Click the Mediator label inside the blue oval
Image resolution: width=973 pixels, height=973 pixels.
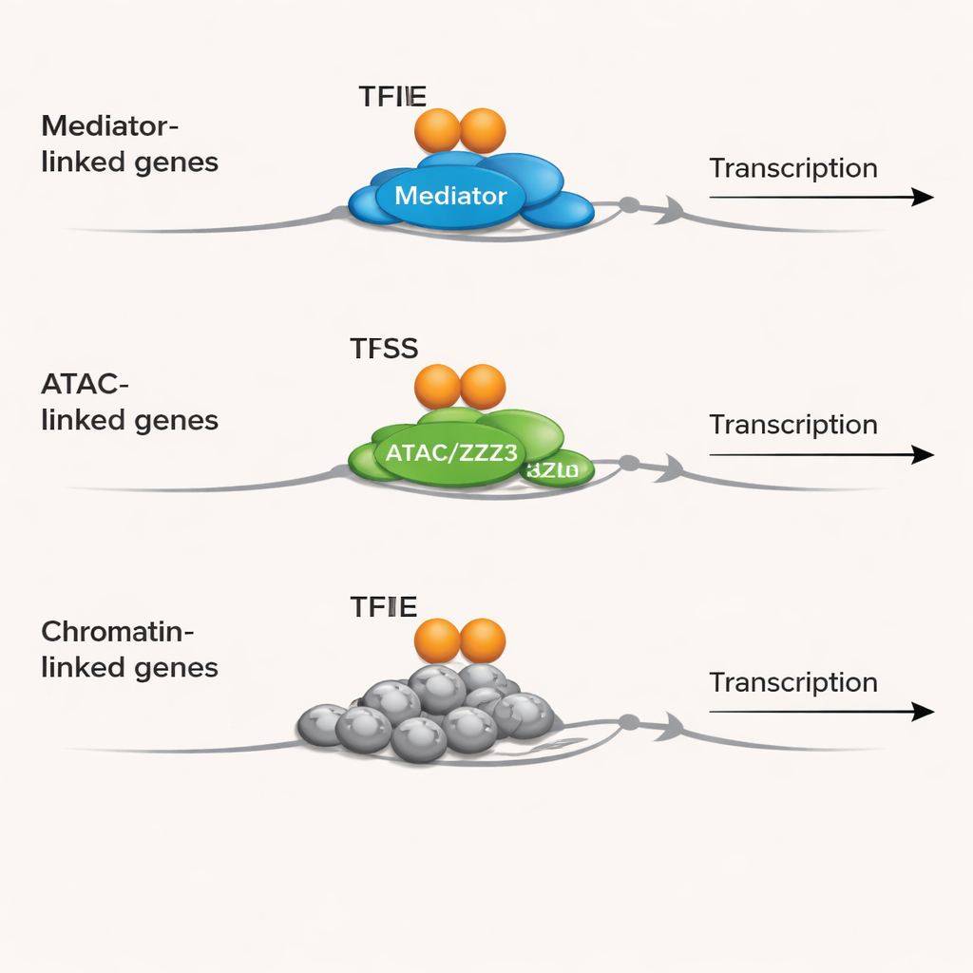click(x=450, y=197)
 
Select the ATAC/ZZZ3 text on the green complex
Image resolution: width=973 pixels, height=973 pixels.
click(x=450, y=452)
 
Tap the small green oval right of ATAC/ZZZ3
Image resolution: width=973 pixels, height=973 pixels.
click(x=559, y=468)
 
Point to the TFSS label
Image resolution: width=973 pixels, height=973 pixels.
click(x=384, y=349)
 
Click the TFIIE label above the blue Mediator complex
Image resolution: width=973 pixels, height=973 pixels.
click(x=392, y=96)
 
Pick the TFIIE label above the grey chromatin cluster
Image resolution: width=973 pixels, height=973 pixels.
click(x=383, y=606)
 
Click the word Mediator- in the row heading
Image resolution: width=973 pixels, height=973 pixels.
click(x=110, y=125)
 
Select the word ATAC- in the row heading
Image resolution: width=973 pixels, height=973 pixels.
click(x=85, y=384)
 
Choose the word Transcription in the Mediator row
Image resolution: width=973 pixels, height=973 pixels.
click(x=792, y=168)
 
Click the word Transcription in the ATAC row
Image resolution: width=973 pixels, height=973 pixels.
click(x=792, y=425)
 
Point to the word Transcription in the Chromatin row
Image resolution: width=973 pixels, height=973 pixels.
click(x=792, y=682)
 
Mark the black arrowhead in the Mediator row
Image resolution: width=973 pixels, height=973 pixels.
click(x=923, y=197)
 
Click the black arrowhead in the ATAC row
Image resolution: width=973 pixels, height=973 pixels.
click(x=923, y=454)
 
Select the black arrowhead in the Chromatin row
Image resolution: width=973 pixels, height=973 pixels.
click(x=923, y=711)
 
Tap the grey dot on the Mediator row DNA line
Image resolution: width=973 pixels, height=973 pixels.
click(x=628, y=204)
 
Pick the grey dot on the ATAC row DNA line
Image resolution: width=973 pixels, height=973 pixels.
click(x=628, y=463)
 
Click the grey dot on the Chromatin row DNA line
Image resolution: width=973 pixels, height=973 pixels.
click(x=628, y=722)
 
